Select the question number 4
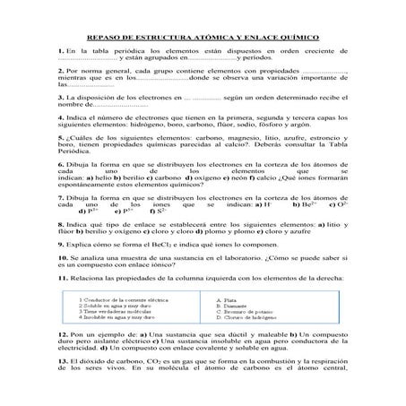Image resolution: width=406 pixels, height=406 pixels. click(x=57, y=117)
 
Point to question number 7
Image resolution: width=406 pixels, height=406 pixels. click(x=57, y=195)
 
